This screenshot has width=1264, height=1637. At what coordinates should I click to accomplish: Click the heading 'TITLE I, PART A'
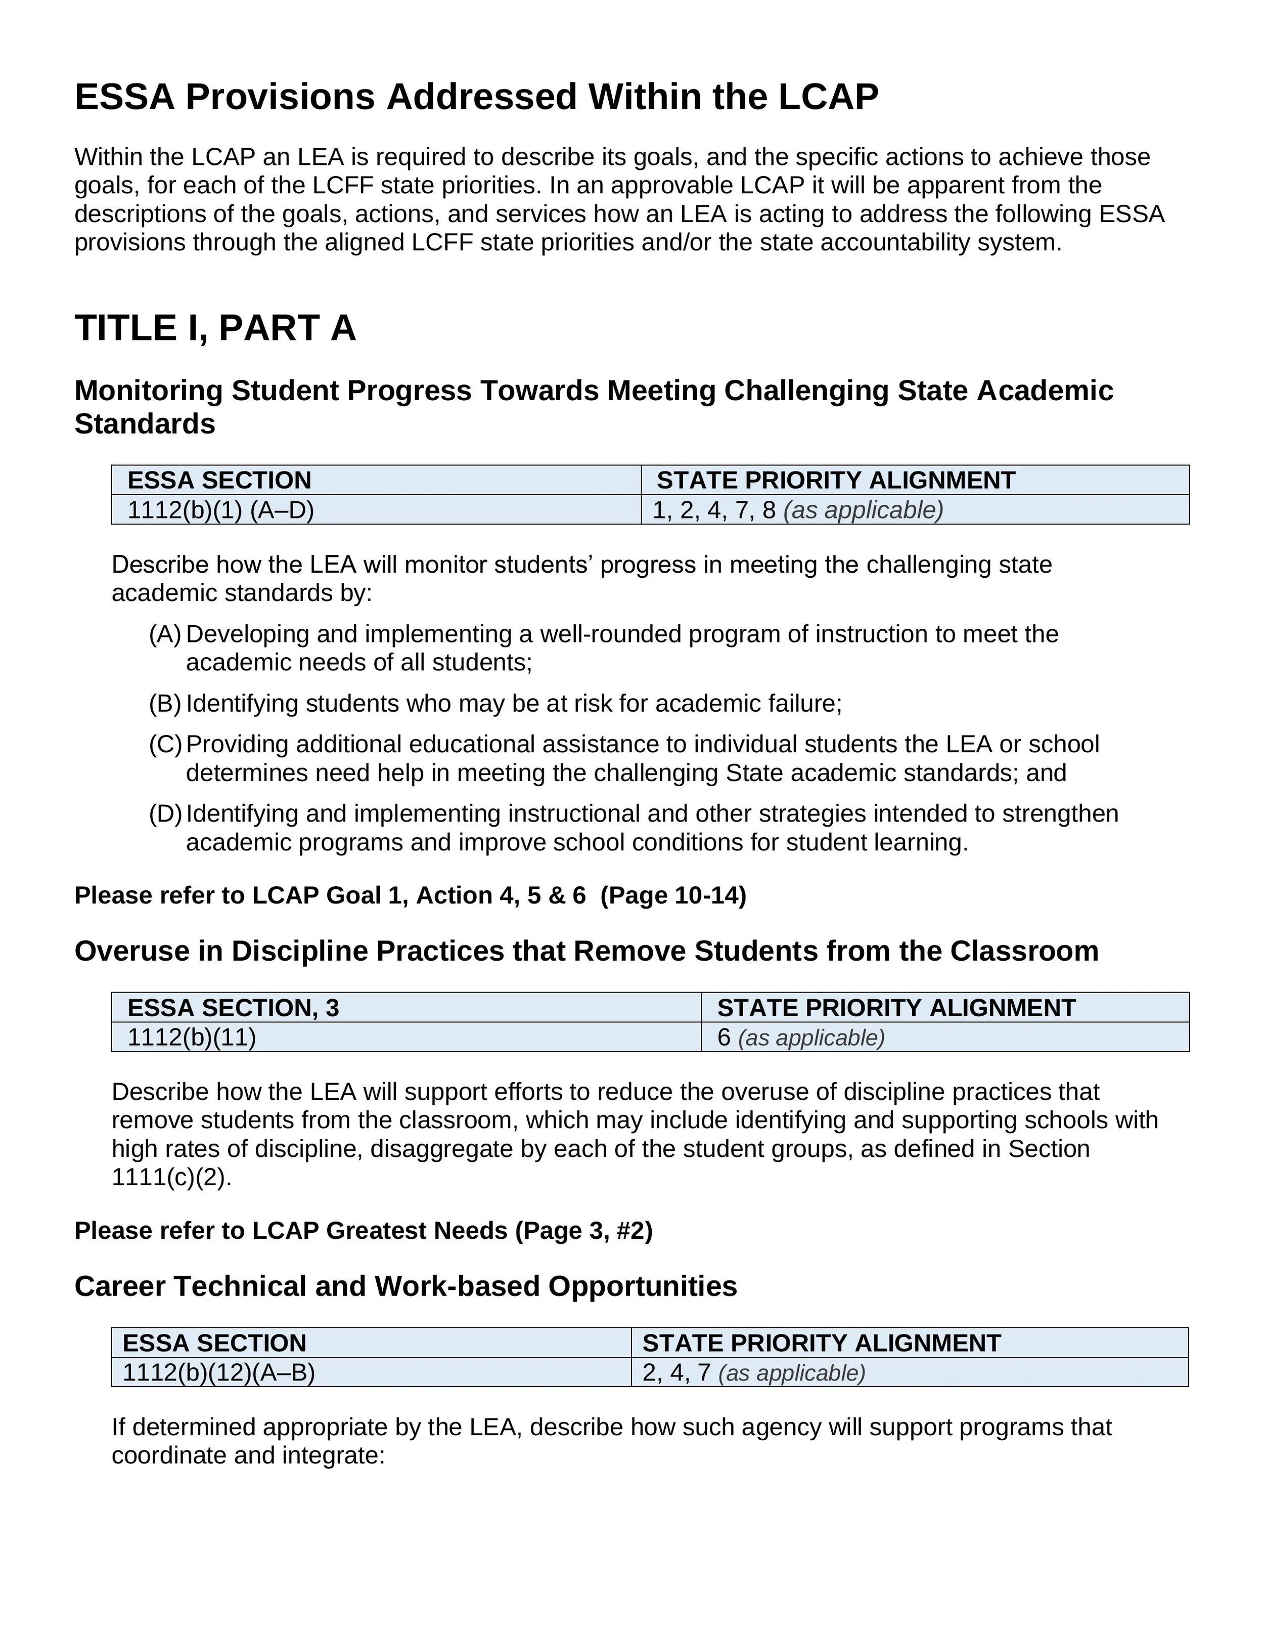click(215, 328)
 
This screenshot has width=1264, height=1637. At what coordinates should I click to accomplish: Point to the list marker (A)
click(165, 635)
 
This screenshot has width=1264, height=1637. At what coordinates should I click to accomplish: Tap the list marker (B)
click(165, 704)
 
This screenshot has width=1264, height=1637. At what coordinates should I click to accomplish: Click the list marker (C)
click(165, 744)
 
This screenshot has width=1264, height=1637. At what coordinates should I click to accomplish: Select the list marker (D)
click(165, 814)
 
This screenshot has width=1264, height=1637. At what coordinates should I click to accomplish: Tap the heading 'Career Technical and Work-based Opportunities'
click(405, 1286)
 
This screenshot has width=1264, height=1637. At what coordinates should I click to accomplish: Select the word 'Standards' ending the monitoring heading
click(145, 424)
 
